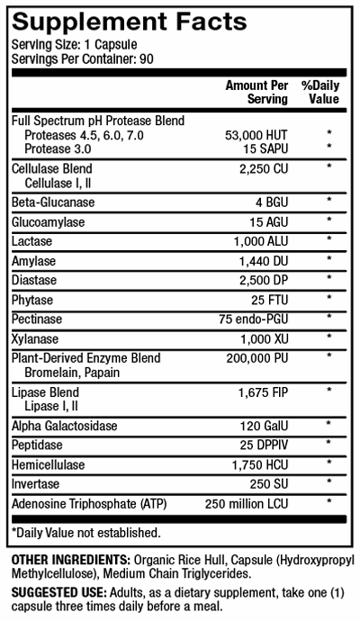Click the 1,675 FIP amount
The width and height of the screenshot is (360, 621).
tap(263, 392)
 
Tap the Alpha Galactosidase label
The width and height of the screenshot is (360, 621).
tap(66, 426)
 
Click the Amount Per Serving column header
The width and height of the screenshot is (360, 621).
tap(256, 92)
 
